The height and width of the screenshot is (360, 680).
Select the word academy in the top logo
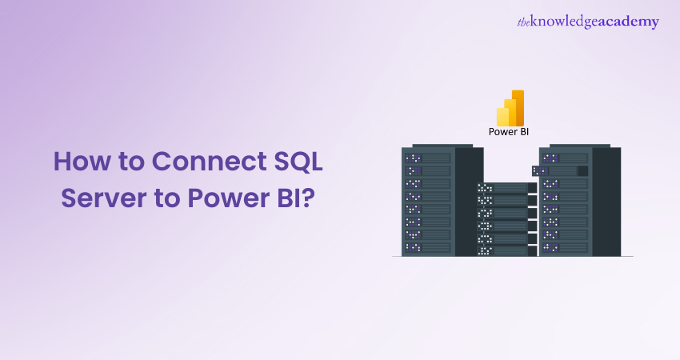628,22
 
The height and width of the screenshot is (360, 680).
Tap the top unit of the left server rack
428,158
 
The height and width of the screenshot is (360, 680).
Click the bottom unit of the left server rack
428,247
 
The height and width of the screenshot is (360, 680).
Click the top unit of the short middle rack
502,188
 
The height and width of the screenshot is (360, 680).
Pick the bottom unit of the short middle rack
502,250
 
